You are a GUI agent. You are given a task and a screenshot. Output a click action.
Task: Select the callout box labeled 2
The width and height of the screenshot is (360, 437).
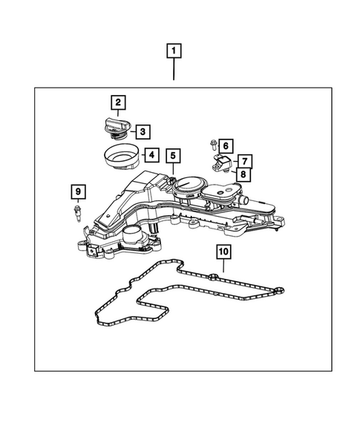pyautogui.click(x=118, y=102)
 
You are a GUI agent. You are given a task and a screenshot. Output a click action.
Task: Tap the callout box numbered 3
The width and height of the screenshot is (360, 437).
pyautogui.click(x=143, y=132)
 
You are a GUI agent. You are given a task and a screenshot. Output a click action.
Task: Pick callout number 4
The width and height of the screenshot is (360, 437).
pyautogui.click(x=151, y=155)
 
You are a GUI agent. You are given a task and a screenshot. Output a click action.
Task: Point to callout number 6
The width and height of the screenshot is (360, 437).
pyautogui.click(x=225, y=145)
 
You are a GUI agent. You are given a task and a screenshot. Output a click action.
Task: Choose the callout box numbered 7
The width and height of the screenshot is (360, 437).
pyautogui.click(x=243, y=160)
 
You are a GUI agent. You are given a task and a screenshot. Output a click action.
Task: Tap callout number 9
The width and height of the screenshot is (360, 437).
pyautogui.click(x=77, y=193)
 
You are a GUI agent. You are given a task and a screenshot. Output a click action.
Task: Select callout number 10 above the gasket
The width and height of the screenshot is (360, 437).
pyautogui.click(x=223, y=252)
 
